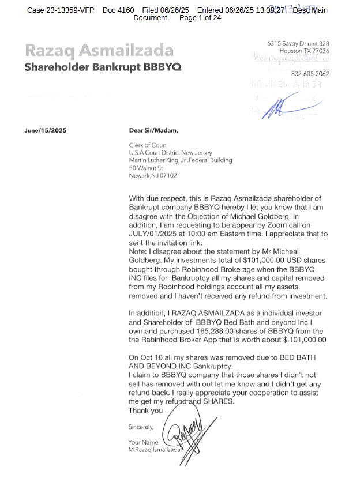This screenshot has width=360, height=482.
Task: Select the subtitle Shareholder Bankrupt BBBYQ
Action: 103,67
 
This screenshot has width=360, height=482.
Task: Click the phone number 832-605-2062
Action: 310,74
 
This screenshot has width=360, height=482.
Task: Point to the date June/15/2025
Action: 46,130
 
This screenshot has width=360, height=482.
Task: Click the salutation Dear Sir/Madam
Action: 153,130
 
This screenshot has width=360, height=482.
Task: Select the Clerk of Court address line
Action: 148,145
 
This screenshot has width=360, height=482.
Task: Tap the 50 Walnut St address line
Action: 146,168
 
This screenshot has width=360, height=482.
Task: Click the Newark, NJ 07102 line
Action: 153,175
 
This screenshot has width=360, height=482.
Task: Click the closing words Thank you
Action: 145,411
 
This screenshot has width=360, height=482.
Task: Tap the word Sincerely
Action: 141,427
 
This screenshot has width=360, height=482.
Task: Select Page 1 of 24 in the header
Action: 200,18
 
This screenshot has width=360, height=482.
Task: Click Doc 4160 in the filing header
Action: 118,10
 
